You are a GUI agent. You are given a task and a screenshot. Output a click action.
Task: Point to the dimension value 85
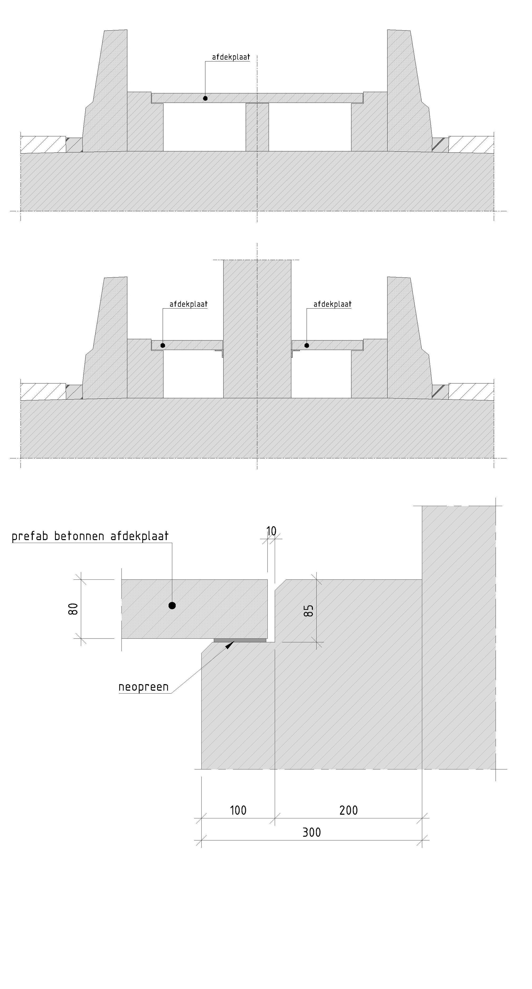point(309,611)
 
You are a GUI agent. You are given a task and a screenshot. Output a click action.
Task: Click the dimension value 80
point(73,609)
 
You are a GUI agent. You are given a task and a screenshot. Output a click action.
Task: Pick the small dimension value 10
point(271,531)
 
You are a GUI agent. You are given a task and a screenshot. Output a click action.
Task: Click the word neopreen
point(144,687)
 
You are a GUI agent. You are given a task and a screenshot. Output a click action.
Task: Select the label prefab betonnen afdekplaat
point(90,536)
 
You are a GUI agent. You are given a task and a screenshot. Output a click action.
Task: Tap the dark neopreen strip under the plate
point(240,640)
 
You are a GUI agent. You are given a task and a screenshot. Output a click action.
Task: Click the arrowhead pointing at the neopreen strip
point(229,645)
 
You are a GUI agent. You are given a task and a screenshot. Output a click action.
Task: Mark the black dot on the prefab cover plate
point(172,606)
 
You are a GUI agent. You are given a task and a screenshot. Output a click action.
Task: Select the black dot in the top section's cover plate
point(205,98)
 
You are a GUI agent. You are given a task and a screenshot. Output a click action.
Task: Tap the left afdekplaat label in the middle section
point(188,304)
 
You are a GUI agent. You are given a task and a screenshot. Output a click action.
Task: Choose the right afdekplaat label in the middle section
point(332,304)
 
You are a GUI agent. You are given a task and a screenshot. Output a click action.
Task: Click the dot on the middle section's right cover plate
point(307,345)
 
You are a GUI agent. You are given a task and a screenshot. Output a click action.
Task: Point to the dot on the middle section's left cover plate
point(163,345)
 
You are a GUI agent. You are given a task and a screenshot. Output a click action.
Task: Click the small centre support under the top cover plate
point(257,127)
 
